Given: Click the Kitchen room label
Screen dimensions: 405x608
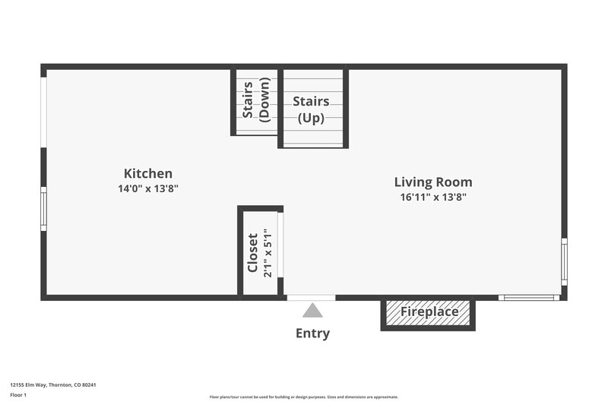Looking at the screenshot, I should click(148, 174).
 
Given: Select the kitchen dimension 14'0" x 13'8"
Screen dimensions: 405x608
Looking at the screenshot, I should click(148, 188).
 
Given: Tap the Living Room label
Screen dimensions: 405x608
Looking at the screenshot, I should click(432, 182).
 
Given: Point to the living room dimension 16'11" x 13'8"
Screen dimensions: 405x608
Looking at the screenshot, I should click(432, 197).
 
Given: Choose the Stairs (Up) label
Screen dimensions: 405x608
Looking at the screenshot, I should click(311, 109).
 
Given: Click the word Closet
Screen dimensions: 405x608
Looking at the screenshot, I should click(253, 253).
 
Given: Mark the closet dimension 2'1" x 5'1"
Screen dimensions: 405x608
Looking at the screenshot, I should click(268, 253).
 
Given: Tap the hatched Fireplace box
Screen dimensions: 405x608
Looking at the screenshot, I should click(429, 312).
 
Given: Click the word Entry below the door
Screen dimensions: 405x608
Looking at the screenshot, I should click(312, 333).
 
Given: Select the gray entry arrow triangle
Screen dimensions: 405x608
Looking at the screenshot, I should click(312, 310).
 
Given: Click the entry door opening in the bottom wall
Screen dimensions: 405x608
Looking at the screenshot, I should click(311, 297).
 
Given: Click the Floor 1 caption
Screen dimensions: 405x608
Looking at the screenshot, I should click(17, 395).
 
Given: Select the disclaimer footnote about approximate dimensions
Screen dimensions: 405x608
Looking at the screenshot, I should click(303, 397).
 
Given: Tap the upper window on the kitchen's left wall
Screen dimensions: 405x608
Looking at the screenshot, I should click(43, 109).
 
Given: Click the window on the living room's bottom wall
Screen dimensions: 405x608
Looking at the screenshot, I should click(529, 297).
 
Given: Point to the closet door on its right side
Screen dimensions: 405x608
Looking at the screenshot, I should click(280, 245).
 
